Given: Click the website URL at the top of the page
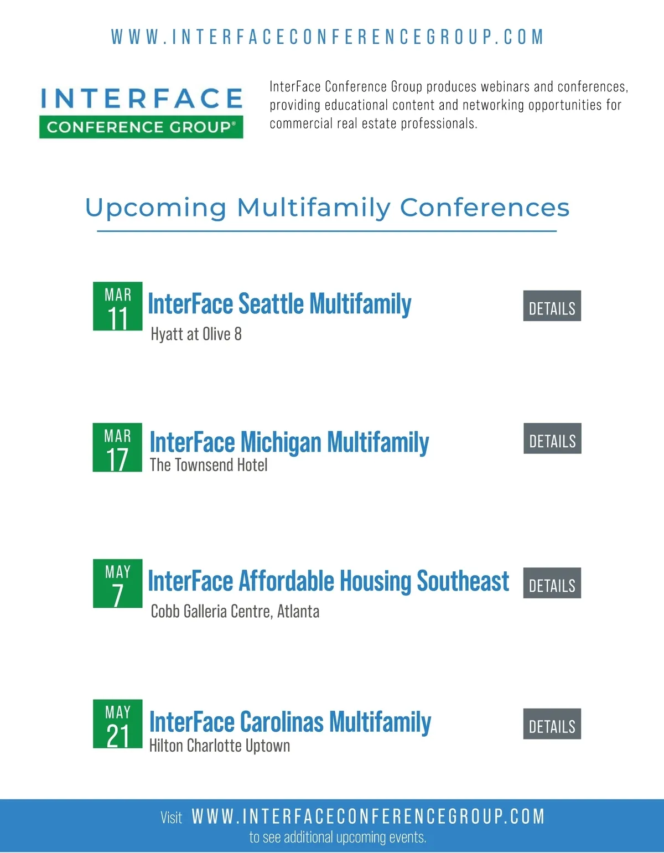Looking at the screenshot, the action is tap(328, 37).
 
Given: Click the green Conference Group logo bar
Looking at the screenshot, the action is tap(141, 127).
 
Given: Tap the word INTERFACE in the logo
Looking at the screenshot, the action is tap(142, 98).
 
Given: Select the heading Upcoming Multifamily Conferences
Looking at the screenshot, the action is tap(327, 207).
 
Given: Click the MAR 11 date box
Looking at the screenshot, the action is tap(118, 306).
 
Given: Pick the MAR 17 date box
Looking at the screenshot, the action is tap(117, 447).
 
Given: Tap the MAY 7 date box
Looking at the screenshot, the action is tap(118, 583).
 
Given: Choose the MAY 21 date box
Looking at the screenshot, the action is tap(118, 723).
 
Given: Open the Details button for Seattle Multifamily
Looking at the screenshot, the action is tap(552, 306).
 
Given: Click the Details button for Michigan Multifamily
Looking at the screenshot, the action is tap(552, 438).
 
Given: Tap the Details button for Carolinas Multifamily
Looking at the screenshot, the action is tap(552, 724).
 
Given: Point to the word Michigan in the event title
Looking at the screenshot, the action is tap(281, 443).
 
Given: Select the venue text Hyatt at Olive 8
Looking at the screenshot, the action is tap(196, 334).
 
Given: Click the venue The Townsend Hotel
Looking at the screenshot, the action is tap(209, 465).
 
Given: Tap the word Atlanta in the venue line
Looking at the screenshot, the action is tap(298, 611).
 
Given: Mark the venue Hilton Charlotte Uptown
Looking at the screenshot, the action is tap(220, 746).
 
